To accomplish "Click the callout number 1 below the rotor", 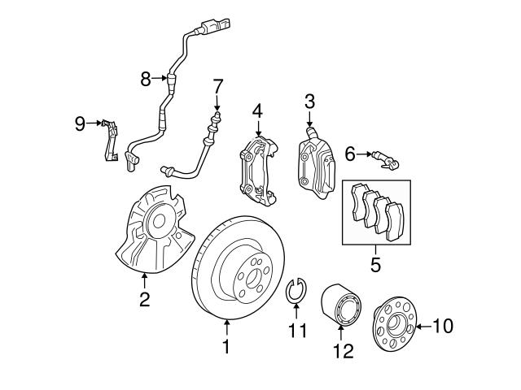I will click(226, 347).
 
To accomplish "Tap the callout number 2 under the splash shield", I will click(144, 299).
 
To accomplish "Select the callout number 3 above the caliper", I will click(309, 102).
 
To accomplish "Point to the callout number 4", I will click(257, 110).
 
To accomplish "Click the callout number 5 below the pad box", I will click(375, 265).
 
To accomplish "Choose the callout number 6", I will click(350, 153).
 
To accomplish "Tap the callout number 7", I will click(217, 86).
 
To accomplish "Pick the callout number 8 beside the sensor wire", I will click(146, 79).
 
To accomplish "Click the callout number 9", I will click(80, 123).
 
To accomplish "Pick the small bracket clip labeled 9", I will click(112, 141).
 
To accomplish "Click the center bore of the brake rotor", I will click(247, 272).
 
